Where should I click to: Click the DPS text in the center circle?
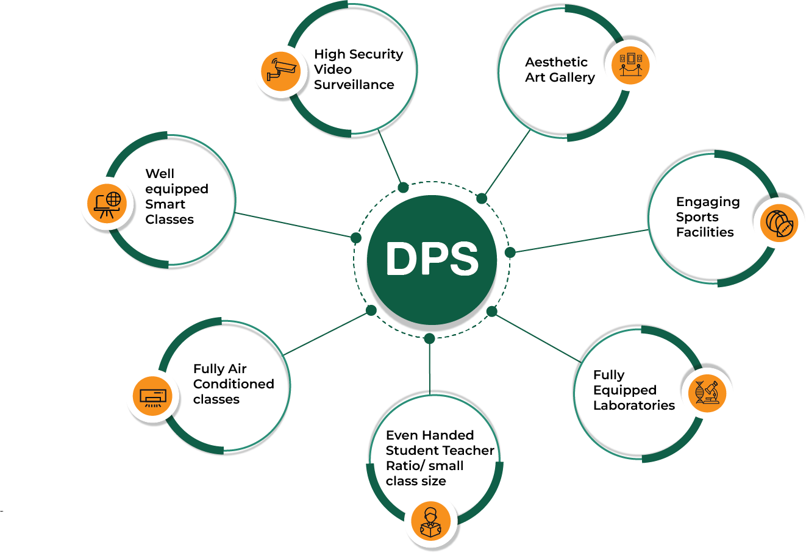(x=432, y=259)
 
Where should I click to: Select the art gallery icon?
(x=630, y=65)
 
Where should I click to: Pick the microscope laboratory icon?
(x=707, y=392)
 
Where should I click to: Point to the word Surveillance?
(x=354, y=85)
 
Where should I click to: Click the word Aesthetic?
(x=556, y=62)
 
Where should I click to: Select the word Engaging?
(x=707, y=202)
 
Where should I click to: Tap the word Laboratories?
(x=634, y=405)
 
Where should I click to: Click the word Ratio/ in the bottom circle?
(x=405, y=466)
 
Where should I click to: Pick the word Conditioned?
(x=234, y=384)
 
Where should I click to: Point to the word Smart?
(x=165, y=204)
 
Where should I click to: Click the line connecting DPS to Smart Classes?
(x=293, y=225)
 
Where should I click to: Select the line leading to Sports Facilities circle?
(x=579, y=241)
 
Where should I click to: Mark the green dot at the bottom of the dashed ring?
(x=429, y=338)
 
